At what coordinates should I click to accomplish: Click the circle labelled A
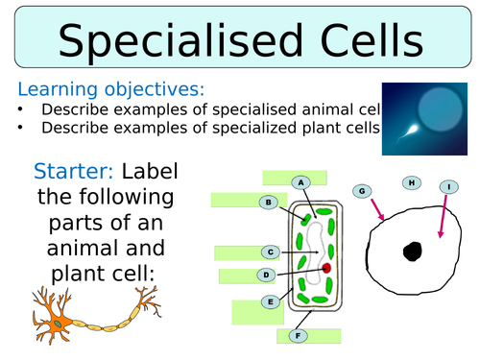(x=300, y=182)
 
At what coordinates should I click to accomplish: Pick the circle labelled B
(x=270, y=203)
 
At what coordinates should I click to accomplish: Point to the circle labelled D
(x=266, y=276)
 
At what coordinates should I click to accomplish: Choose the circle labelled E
(x=272, y=301)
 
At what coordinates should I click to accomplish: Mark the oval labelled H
(x=411, y=182)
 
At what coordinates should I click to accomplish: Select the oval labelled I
(x=449, y=186)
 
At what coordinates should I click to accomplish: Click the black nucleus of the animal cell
(x=412, y=252)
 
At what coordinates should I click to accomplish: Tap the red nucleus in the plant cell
(x=326, y=268)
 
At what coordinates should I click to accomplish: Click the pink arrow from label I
(x=444, y=216)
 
